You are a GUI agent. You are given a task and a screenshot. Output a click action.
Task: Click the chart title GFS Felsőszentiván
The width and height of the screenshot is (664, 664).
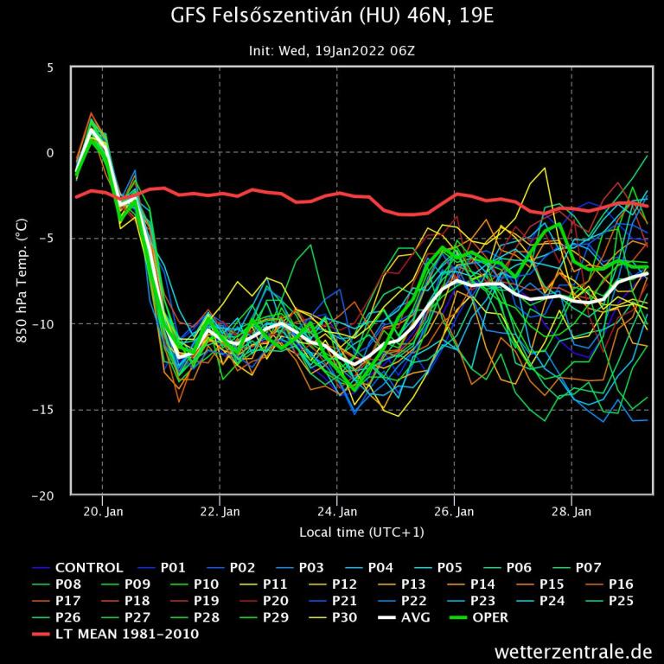332,16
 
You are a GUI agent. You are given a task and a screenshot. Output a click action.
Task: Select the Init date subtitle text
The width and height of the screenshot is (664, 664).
332,51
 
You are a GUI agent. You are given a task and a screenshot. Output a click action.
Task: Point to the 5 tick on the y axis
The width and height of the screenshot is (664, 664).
50,67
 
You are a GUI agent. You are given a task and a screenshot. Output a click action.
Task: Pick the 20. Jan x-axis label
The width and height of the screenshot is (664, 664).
103,512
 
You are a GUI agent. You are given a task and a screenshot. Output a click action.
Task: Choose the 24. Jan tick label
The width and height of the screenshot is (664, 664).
338,512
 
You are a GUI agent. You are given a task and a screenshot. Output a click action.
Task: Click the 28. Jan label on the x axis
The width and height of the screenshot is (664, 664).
572,512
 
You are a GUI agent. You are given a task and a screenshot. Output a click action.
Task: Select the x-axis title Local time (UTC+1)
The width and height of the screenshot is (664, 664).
361,532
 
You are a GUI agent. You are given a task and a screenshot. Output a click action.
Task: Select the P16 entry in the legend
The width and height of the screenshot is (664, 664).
621,584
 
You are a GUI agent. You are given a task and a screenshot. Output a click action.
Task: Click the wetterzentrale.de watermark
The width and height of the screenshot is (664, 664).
573,650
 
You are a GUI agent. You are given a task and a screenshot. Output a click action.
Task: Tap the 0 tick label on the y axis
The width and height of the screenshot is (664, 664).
50,153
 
